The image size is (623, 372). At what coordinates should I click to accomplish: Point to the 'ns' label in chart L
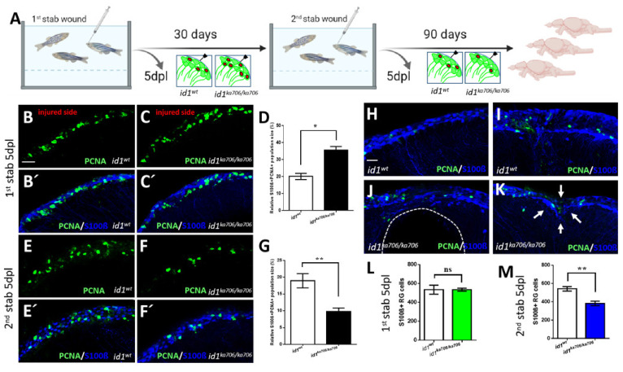tap(427, 269)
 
